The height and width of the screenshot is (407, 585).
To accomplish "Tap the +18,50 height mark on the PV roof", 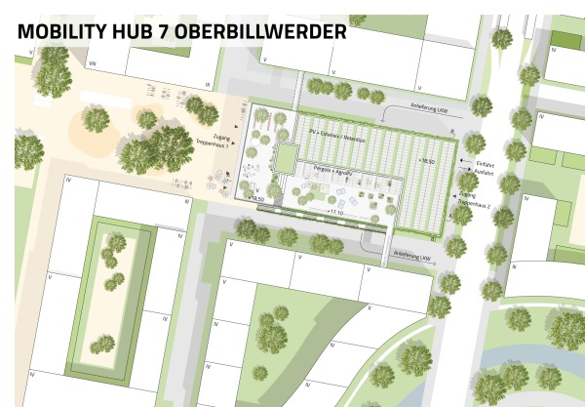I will tap(425, 159).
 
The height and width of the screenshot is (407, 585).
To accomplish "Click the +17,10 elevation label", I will tap(335, 211).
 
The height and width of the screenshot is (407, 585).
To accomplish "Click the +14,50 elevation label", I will tap(257, 199).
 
